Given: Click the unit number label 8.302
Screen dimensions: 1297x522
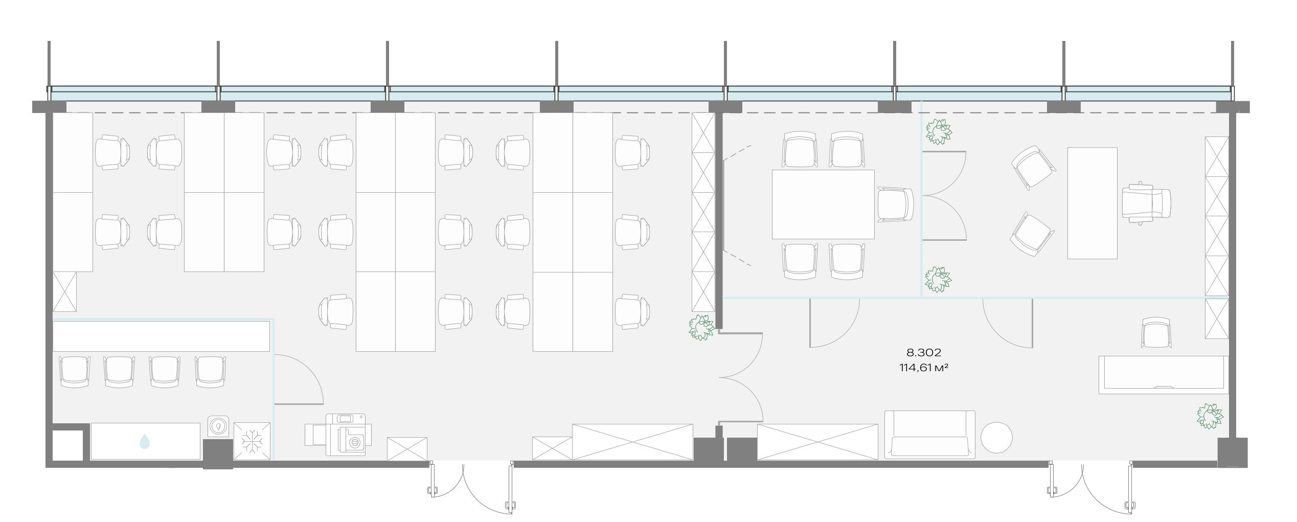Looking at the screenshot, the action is click(924, 352).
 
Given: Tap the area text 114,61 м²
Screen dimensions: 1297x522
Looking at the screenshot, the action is click(924, 367).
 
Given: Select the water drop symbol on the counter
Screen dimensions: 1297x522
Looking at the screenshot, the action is click(145, 441).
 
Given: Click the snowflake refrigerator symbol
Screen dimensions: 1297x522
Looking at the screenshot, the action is click(252, 441).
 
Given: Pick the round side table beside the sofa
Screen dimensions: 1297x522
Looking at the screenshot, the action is click(996, 437).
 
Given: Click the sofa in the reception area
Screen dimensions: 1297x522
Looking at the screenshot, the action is click(930, 435).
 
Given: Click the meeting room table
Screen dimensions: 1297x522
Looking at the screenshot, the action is click(823, 205).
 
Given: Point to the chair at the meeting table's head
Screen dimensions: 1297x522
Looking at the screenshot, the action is click(895, 205).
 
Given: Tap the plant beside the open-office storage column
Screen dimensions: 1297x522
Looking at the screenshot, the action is click(701, 328).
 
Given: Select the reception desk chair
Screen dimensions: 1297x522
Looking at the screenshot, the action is click(1156, 333).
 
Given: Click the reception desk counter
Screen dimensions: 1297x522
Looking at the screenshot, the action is click(1164, 375).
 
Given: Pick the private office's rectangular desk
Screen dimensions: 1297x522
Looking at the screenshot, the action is click(1092, 203).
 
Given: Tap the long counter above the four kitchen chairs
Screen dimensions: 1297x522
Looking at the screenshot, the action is click(161, 336).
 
